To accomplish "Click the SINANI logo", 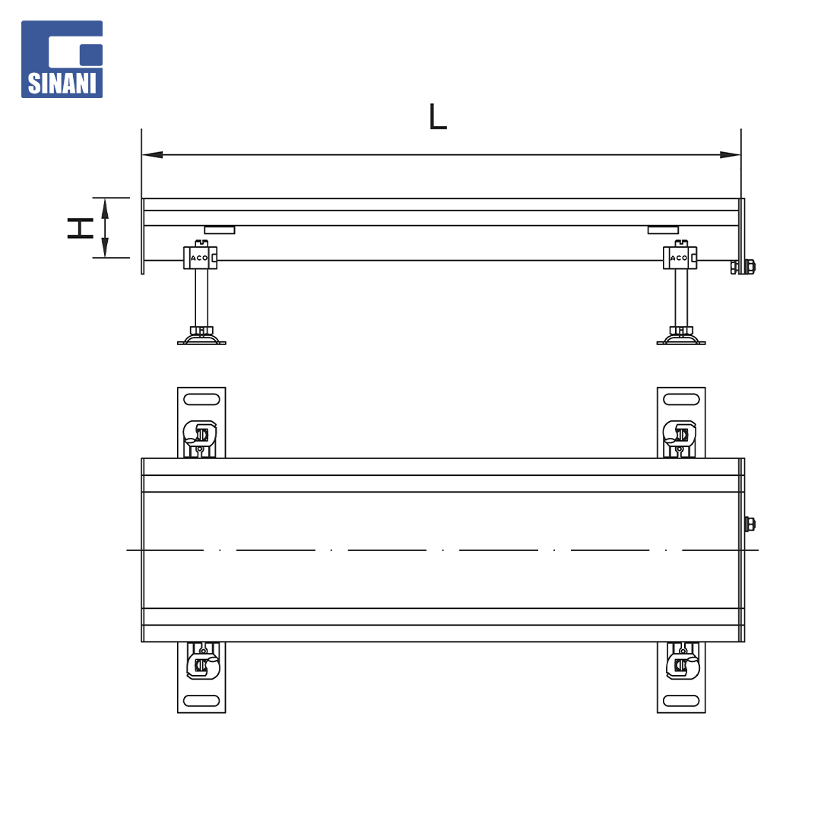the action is coord(62,59).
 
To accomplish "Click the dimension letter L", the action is coord(438,116).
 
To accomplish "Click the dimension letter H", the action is coord(80,228).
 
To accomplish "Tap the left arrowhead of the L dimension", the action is coord(152,154).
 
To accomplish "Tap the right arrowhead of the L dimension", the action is coord(731,154).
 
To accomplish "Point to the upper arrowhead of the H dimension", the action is coord(105,208).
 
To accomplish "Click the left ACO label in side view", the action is coord(199,258).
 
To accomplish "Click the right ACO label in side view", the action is coord(679,258).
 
